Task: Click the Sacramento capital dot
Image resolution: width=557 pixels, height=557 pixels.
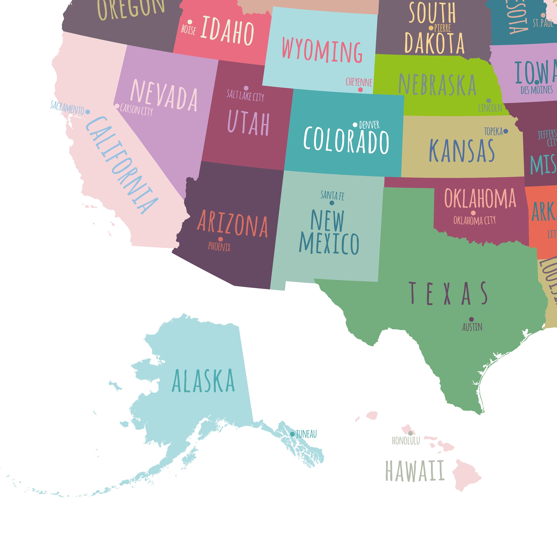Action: point(88,112)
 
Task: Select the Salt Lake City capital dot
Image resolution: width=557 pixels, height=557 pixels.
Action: point(246,88)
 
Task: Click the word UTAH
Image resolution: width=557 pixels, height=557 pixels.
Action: point(248,123)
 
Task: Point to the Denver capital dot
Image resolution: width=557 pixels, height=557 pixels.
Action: point(355,125)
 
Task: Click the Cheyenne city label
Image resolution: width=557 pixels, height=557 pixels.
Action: point(359,82)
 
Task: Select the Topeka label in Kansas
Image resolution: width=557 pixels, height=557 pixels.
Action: point(493,131)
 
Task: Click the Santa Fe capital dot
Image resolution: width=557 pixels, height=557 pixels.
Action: point(332,203)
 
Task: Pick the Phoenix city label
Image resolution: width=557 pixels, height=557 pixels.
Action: point(219,247)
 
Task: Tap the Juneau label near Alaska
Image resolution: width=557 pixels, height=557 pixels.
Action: point(306,434)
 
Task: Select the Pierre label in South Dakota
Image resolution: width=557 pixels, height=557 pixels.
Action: point(443,28)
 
